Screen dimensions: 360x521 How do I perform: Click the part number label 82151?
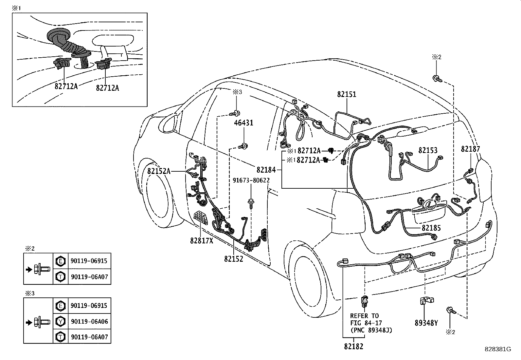[x=347, y=94]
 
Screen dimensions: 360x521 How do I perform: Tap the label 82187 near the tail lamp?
[x=470, y=149]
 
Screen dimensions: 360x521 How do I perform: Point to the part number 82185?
[x=431, y=228]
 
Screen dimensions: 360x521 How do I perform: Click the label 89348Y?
[x=426, y=323]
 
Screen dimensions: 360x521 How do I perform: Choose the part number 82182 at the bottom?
[x=353, y=347]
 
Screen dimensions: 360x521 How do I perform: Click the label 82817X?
[x=202, y=240]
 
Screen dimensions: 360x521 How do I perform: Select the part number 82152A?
[x=159, y=171]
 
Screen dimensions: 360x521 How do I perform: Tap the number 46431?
[x=243, y=123]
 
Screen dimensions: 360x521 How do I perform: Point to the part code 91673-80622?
[x=251, y=180]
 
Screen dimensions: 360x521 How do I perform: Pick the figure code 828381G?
[x=498, y=349]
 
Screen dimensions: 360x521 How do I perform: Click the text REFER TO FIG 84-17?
[x=364, y=319]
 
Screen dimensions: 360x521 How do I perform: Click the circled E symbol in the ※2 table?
[x=60, y=261]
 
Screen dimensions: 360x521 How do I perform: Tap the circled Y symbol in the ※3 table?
[x=60, y=321]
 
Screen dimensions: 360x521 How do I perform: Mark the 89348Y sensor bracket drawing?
[x=426, y=300]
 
